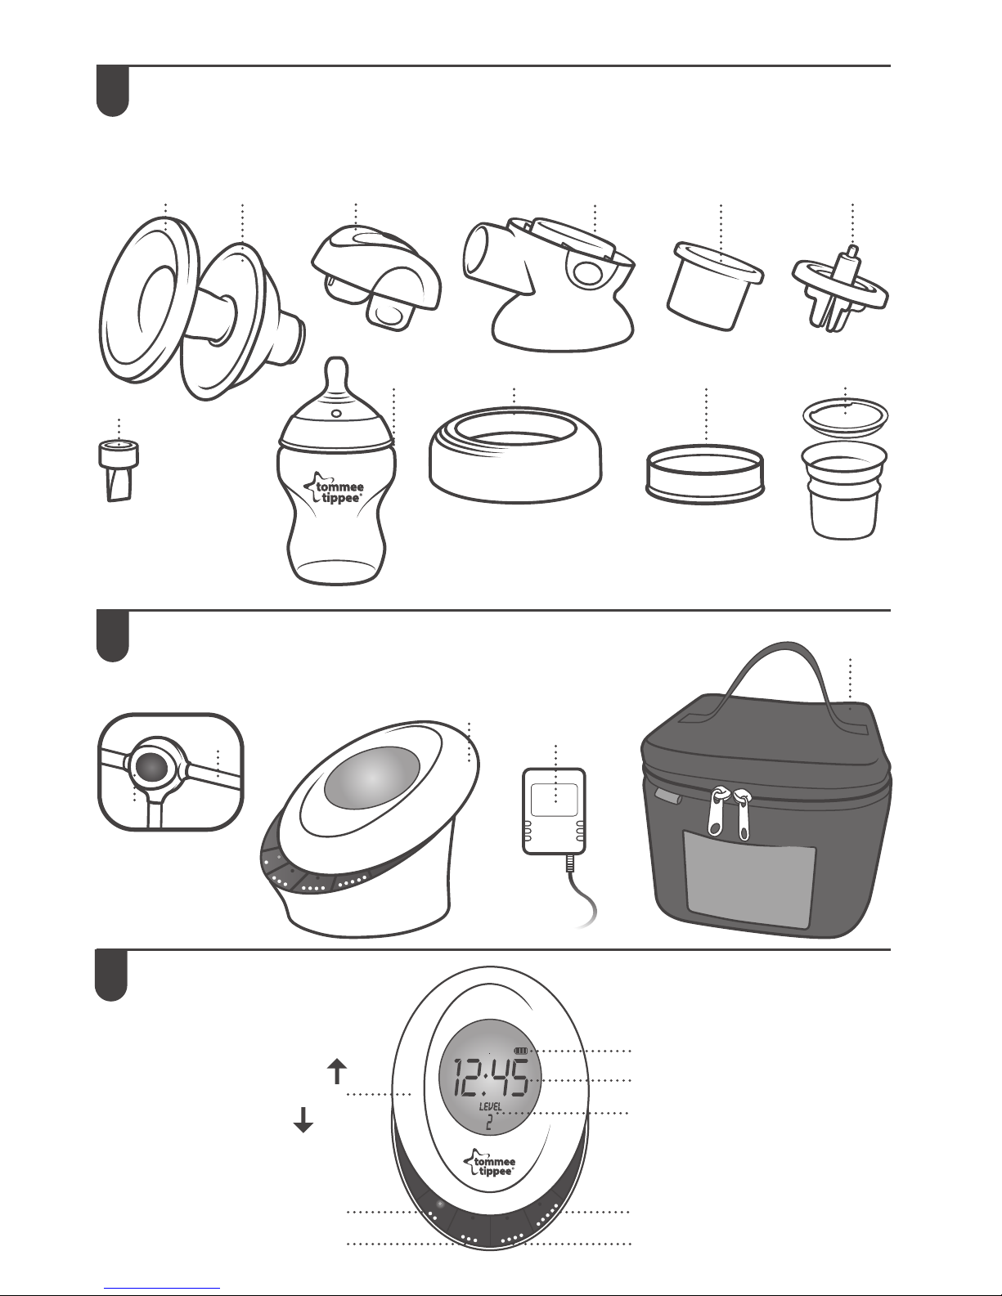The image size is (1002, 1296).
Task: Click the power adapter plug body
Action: pyautogui.click(x=554, y=811)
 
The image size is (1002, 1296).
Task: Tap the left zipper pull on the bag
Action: pyautogui.click(x=717, y=811)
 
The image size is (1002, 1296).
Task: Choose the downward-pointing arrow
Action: pyautogui.click(x=303, y=1119)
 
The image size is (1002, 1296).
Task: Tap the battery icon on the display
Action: pyautogui.click(x=521, y=1051)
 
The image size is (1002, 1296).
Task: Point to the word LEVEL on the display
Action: pyautogui.click(x=490, y=1107)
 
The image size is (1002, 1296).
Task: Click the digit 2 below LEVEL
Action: pyautogui.click(x=488, y=1123)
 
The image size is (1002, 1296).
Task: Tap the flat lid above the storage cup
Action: pyautogui.click(x=845, y=416)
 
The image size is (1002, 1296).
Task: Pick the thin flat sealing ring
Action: pyautogui.click(x=705, y=477)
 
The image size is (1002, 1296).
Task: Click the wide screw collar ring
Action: pyautogui.click(x=515, y=454)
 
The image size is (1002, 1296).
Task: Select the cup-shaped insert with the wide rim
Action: pyautogui.click(x=715, y=285)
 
